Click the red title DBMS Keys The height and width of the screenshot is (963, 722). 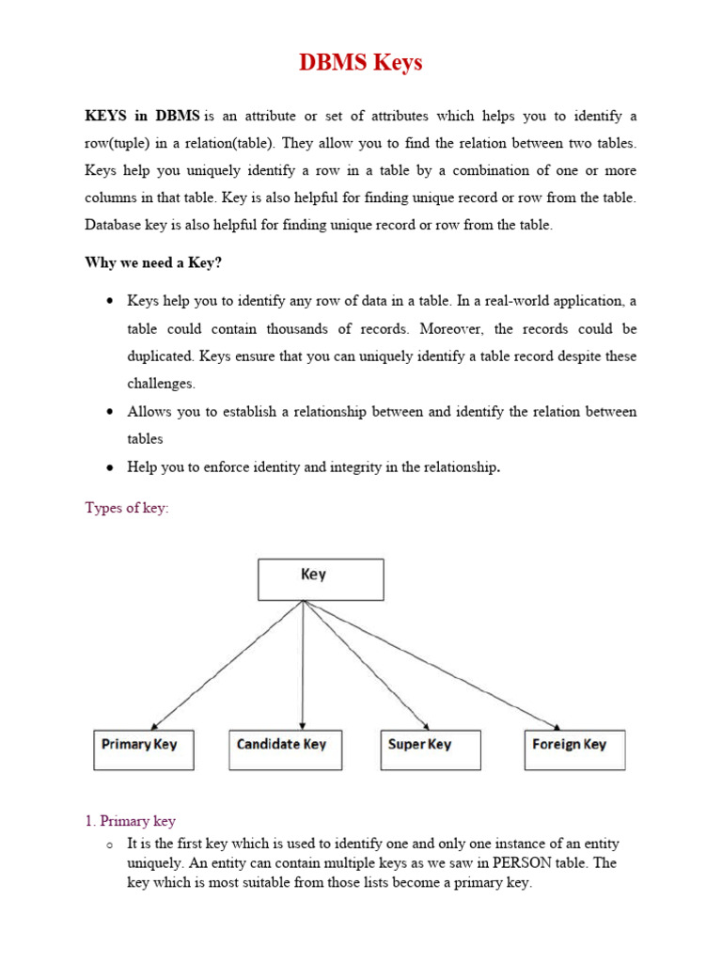pyautogui.click(x=361, y=63)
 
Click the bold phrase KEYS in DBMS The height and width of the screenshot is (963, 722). pyautogui.click(x=142, y=117)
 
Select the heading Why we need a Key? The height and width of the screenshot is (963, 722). pyautogui.click(x=153, y=262)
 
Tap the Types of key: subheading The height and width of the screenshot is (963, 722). pyautogui.click(x=127, y=509)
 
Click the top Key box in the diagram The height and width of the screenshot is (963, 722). pyautogui.click(x=321, y=579)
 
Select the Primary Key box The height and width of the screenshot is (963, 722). pyautogui.click(x=144, y=750)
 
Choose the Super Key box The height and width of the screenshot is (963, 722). pyautogui.click(x=430, y=750)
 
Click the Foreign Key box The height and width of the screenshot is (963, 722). pyautogui.click(x=574, y=750)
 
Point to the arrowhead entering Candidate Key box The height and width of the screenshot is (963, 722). pyautogui.click(x=302, y=726)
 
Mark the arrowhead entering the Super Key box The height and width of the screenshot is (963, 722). pyautogui.click(x=425, y=726)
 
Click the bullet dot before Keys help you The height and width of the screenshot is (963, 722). pyautogui.click(x=110, y=302)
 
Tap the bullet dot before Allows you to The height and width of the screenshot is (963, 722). pyautogui.click(x=110, y=412)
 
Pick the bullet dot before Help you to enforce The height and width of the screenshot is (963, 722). pyautogui.click(x=110, y=467)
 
